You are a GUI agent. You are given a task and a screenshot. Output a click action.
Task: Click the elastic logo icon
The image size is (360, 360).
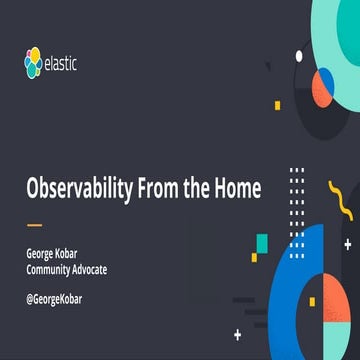coord(37,65)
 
